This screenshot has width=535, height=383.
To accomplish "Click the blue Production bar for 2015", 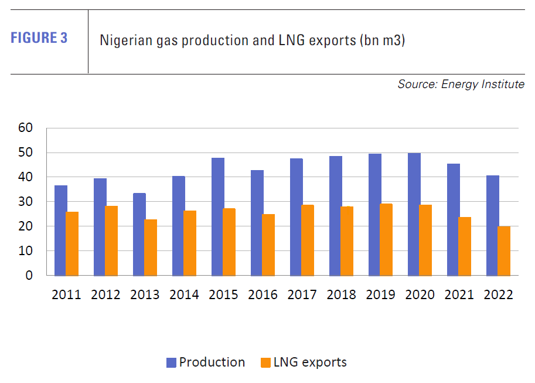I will tap(217, 216).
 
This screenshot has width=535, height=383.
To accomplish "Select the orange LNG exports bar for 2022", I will tap(504, 250).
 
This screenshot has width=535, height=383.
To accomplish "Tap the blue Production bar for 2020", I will tap(414, 214).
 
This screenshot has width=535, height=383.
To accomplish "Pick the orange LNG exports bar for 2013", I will tap(151, 247).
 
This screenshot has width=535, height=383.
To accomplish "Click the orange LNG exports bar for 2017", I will tap(308, 240).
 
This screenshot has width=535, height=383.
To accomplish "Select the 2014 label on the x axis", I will tap(184, 294).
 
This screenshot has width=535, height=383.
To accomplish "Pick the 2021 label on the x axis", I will tap(459, 294).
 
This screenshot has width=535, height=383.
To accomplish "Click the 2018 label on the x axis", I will tap(341, 294).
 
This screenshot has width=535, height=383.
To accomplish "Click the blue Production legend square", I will tap(171, 362).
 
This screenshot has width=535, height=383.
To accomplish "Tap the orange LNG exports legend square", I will tap(264, 362).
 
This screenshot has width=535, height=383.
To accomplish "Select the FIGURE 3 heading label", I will tap(39, 39).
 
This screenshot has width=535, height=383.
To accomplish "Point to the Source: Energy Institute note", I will tap(461, 84).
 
